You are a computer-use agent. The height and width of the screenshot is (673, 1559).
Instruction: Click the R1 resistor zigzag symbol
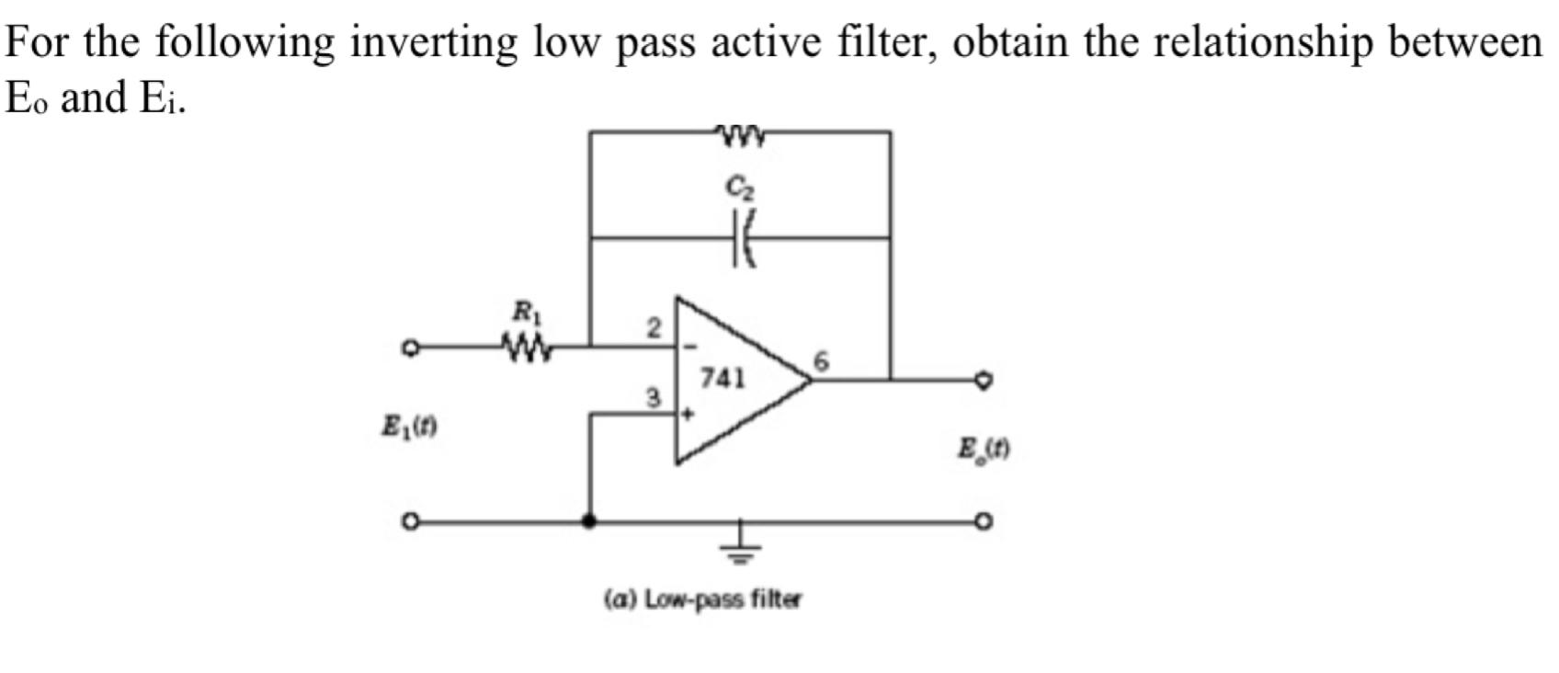pyautogui.click(x=528, y=348)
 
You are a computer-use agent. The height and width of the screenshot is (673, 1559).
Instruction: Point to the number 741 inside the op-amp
pyautogui.click(x=723, y=378)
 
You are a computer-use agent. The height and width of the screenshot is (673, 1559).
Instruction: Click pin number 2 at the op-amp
pyautogui.click(x=653, y=327)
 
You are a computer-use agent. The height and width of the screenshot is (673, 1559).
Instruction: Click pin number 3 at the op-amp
pyautogui.click(x=653, y=398)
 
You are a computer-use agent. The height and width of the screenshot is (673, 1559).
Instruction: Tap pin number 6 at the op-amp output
pyautogui.click(x=821, y=362)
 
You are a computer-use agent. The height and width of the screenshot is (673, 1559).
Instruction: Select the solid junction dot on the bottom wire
pyautogui.click(x=589, y=521)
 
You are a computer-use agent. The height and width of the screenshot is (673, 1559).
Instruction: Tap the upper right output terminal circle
pyautogui.click(x=984, y=378)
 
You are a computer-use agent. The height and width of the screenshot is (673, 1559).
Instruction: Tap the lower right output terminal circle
pyautogui.click(x=984, y=521)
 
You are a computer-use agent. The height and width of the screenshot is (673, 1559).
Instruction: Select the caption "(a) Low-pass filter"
pyautogui.click(x=702, y=599)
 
